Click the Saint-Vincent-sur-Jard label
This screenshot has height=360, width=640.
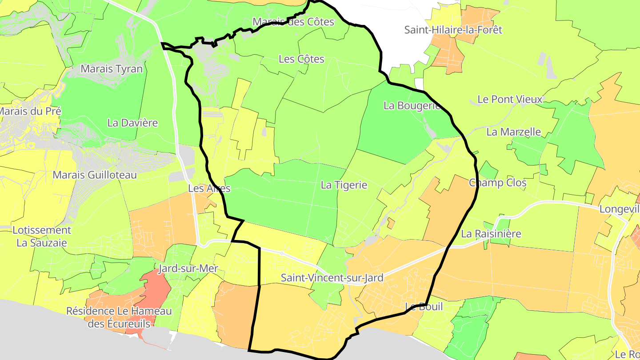332,278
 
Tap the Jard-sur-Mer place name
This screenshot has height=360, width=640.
188,268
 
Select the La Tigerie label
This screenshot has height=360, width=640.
344,185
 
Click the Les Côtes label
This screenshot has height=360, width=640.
301,59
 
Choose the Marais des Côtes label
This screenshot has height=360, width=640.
293,21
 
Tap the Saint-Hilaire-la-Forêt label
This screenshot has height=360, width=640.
453,30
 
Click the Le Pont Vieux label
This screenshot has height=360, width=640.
510,99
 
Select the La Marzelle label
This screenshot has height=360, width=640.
513,132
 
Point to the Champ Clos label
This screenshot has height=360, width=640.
497,183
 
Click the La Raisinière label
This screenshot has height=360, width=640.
491,233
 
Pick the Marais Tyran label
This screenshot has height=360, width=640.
112,68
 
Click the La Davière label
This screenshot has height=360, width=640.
132,123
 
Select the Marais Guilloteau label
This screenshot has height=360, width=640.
95,175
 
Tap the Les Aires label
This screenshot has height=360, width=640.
209,188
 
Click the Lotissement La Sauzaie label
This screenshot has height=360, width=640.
42,236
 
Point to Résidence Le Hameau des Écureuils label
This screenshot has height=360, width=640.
119,317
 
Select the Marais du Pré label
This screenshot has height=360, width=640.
30,111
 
